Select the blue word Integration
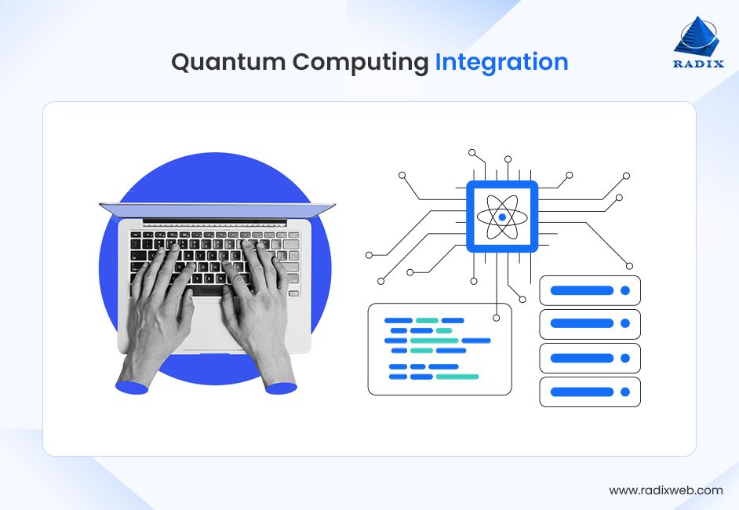tap(501, 62)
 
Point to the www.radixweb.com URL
tap(665, 490)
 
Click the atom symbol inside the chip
tap(502, 217)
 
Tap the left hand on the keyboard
tap(161, 306)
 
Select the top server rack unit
tap(590, 290)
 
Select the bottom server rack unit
tap(590, 392)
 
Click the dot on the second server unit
tap(625, 324)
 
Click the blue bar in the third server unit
tap(581, 358)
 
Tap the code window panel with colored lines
tap(439, 350)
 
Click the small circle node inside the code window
tap(497, 318)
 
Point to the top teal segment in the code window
tap(427, 320)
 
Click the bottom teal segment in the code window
tap(457, 377)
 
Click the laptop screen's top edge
tap(217, 206)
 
